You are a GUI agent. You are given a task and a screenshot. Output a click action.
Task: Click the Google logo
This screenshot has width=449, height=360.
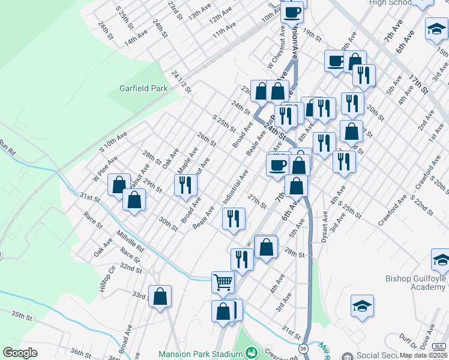click(x=20, y=353)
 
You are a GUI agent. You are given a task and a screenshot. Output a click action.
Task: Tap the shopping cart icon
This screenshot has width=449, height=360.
click(x=223, y=281)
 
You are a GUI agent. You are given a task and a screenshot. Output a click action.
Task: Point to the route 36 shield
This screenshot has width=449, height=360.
click(x=303, y=349)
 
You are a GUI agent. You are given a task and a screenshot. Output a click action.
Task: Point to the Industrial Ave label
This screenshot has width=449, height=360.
click(x=235, y=186)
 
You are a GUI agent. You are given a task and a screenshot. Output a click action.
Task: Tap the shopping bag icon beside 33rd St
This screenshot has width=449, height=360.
click(x=160, y=297)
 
